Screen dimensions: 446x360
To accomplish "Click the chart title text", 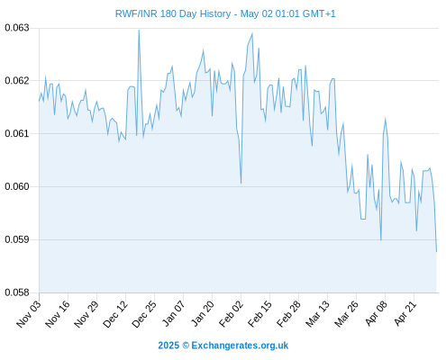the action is coord(225,13).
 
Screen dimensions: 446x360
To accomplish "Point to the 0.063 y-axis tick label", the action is coord(17,28).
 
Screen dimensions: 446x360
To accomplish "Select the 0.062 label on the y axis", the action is coord(17,81).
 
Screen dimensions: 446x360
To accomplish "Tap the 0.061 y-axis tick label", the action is coord(17,133).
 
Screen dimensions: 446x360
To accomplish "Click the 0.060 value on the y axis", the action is coord(17,186).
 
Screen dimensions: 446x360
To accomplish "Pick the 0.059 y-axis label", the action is coord(17,239).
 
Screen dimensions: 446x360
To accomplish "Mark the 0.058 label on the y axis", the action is coord(17,292).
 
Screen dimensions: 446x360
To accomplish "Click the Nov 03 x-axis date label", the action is coord(29,313).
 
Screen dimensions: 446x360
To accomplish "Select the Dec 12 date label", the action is coord(115,313).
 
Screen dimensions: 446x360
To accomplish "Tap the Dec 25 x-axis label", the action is coord(144,313).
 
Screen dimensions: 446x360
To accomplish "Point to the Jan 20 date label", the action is coord(203,313).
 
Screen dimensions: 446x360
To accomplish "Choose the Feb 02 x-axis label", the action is coord(231,313).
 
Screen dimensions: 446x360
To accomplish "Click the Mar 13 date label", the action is coord(317,313).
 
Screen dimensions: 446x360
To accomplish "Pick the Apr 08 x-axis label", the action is coord(376,313).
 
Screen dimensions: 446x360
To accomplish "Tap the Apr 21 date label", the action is coord(405,313).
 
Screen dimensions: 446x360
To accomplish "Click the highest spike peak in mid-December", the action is coord(139,30).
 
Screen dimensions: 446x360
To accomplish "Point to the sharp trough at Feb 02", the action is coord(241,183).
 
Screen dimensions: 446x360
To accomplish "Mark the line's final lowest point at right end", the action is coord(436,251).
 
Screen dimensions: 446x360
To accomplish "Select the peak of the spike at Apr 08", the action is coord(385,119).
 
